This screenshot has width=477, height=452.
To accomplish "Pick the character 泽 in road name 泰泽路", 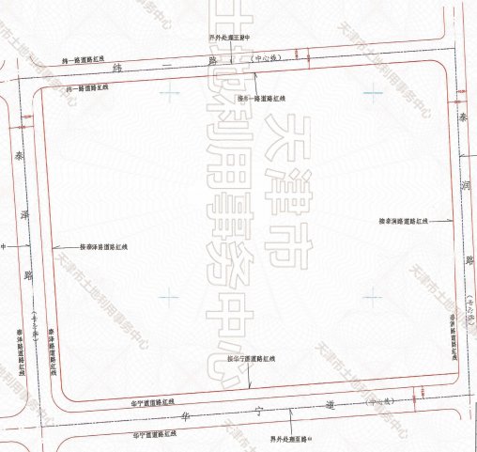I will tap(25, 214).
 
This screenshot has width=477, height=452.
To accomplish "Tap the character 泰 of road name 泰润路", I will tap(462, 119).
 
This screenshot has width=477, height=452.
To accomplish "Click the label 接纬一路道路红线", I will tap(262, 98).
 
